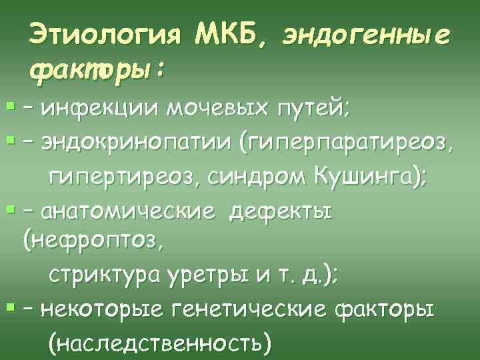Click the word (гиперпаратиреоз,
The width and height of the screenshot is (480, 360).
[x=354, y=144]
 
